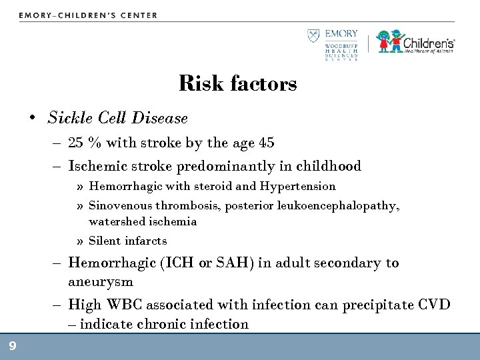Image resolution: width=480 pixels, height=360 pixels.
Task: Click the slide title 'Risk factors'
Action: click(238, 84)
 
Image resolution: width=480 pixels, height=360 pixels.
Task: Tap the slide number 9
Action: click(12, 345)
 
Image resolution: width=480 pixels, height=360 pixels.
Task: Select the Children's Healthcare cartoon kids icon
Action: click(389, 41)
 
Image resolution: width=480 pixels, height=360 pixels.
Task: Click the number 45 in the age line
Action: click(266, 143)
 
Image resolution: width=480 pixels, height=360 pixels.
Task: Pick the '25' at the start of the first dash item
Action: click(76, 143)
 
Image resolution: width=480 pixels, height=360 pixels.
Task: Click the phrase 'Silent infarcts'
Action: click(127, 241)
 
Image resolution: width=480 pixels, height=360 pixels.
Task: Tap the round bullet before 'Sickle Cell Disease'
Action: click(32, 119)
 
